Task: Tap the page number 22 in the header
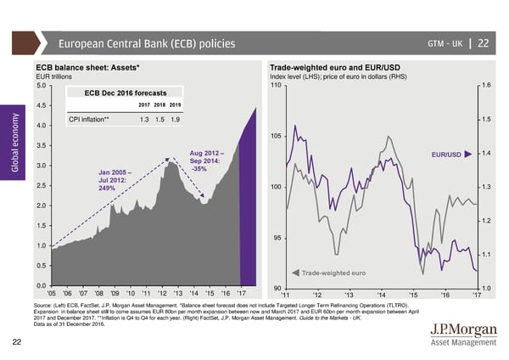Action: [483, 44]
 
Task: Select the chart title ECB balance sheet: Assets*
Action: [87, 68]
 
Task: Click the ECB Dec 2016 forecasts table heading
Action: [126, 92]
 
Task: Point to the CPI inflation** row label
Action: [90, 119]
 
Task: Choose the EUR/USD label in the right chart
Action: [445, 155]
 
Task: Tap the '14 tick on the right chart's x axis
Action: [381, 295]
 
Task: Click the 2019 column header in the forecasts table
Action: [175, 104]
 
